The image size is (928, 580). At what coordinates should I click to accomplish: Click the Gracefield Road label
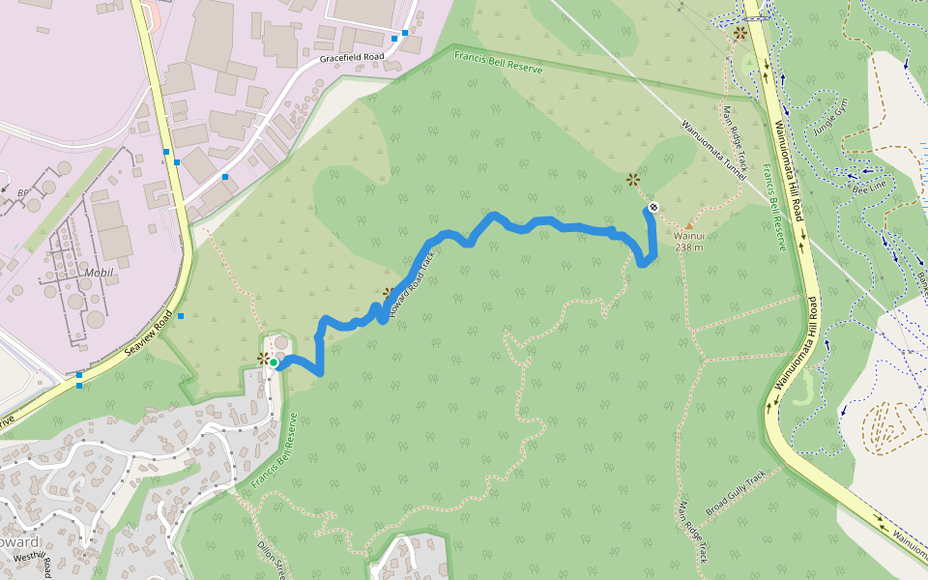(352, 58)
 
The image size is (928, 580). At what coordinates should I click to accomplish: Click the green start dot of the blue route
(274, 363)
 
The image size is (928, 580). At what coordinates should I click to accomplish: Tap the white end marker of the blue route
(653, 207)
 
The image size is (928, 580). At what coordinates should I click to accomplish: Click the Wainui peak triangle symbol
(688, 225)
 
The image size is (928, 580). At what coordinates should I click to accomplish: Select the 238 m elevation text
(688, 247)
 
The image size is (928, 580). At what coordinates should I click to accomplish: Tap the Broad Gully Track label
(741, 493)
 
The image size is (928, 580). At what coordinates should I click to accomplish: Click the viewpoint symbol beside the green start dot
(263, 359)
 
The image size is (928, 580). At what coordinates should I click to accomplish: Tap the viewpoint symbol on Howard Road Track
(388, 292)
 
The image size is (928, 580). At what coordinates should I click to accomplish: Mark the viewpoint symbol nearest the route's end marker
(632, 179)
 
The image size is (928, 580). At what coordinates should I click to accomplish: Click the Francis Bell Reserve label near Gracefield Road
(498, 63)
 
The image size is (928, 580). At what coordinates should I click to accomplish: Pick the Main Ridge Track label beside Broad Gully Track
(693, 533)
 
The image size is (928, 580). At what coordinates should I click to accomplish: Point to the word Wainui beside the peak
(688, 236)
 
